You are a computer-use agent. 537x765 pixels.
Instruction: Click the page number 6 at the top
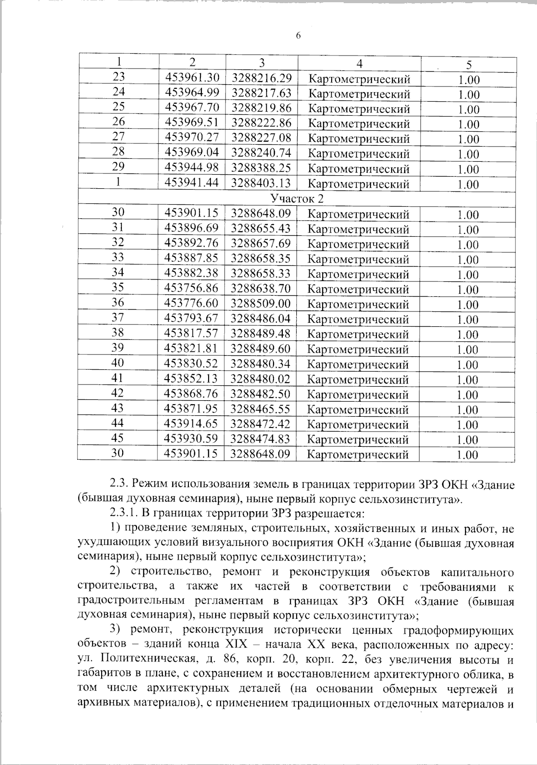click(298, 36)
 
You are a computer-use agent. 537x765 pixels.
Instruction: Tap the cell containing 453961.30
click(192, 78)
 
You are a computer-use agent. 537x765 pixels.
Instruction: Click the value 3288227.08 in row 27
click(261, 138)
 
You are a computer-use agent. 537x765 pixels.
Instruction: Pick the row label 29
click(118, 167)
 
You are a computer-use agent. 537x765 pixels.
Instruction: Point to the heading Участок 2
click(297, 198)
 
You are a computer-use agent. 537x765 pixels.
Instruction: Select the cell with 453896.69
click(192, 229)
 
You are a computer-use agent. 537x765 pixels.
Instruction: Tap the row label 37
click(118, 318)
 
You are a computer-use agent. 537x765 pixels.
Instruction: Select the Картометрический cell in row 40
click(358, 364)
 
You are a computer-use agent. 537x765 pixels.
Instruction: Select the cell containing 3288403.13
click(261, 183)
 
